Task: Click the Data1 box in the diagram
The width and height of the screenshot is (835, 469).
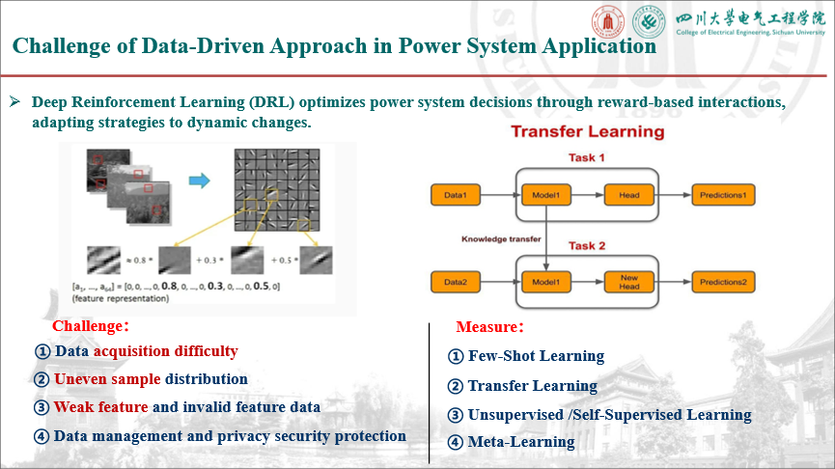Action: click(x=455, y=195)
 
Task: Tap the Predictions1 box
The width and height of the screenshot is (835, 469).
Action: click(x=723, y=195)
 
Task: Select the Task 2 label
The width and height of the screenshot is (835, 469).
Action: click(x=587, y=246)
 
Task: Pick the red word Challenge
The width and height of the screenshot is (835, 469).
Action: click(x=89, y=326)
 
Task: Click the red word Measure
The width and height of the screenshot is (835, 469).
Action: click(x=488, y=326)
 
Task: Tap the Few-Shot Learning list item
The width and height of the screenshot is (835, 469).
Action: click(x=536, y=356)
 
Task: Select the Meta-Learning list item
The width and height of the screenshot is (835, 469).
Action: click(x=521, y=442)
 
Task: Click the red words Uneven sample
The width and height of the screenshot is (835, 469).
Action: click(x=107, y=379)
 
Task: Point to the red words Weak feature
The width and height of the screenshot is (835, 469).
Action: click(x=101, y=407)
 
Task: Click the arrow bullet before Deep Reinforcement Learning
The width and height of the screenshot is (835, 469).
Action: click(x=15, y=102)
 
